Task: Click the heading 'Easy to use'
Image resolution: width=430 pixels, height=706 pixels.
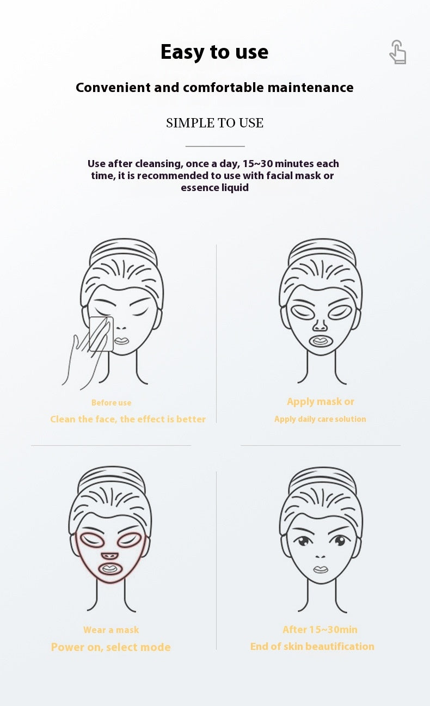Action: point(214,52)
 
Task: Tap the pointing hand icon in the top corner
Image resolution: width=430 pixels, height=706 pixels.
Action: point(398,53)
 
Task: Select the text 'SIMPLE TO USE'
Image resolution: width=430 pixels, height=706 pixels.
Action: point(214,123)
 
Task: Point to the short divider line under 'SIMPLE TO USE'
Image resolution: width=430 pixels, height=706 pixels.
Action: point(215,146)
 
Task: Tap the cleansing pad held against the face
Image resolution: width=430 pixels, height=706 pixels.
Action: point(101,333)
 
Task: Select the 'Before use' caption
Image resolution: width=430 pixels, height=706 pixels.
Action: point(111,403)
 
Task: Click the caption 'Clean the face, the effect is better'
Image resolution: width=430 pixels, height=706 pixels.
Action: point(128,419)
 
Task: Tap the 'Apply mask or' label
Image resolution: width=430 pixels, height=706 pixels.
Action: point(320,402)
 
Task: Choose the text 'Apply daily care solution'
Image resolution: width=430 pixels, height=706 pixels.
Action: point(320,419)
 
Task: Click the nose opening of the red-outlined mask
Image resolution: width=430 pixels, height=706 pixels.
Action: point(109,556)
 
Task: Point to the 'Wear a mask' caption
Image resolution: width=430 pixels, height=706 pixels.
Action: point(111,630)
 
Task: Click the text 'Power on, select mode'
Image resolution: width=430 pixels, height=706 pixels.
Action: point(111,647)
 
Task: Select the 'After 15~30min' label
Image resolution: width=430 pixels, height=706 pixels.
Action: point(320,630)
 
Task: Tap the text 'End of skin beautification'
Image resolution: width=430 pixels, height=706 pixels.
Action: point(312,647)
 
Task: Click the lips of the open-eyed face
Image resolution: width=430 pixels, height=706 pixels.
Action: point(321,569)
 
